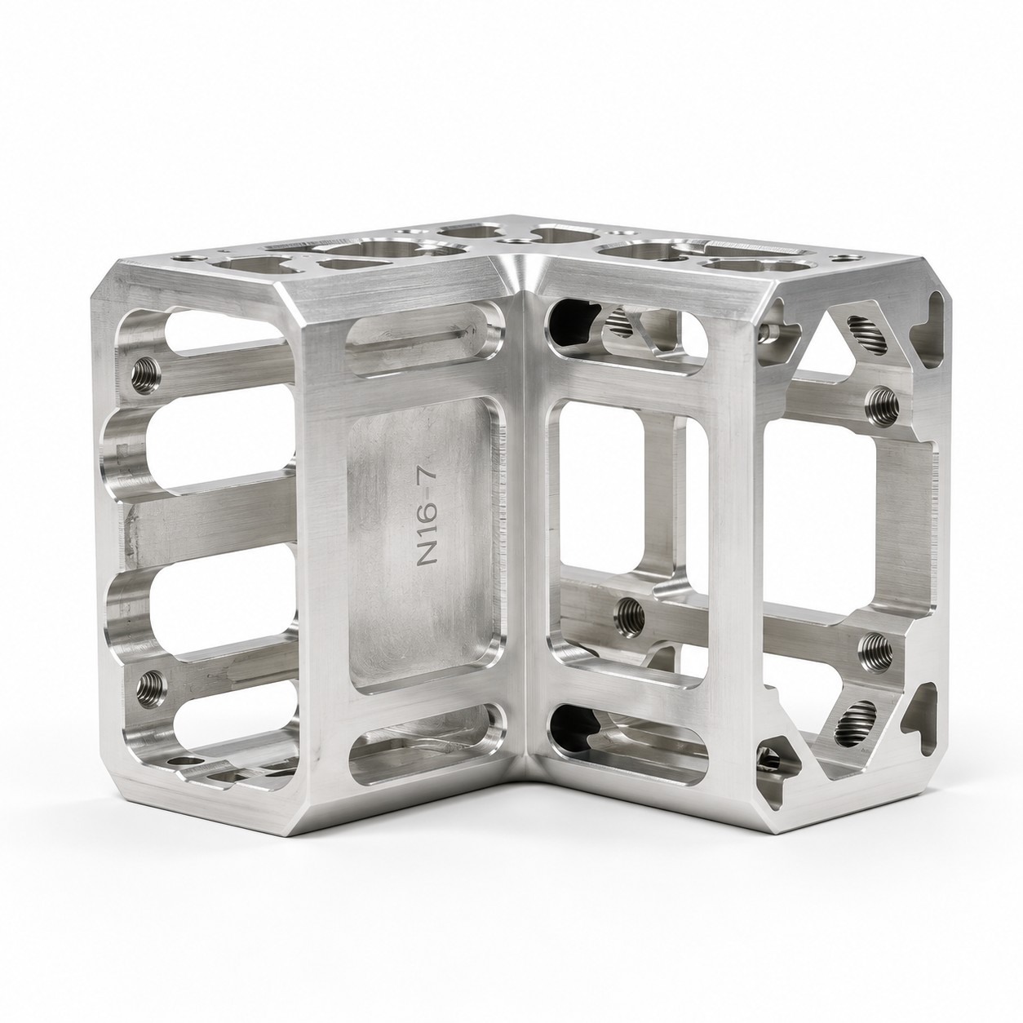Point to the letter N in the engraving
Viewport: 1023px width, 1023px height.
click(428, 557)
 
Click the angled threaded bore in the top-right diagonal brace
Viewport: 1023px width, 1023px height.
click(867, 335)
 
